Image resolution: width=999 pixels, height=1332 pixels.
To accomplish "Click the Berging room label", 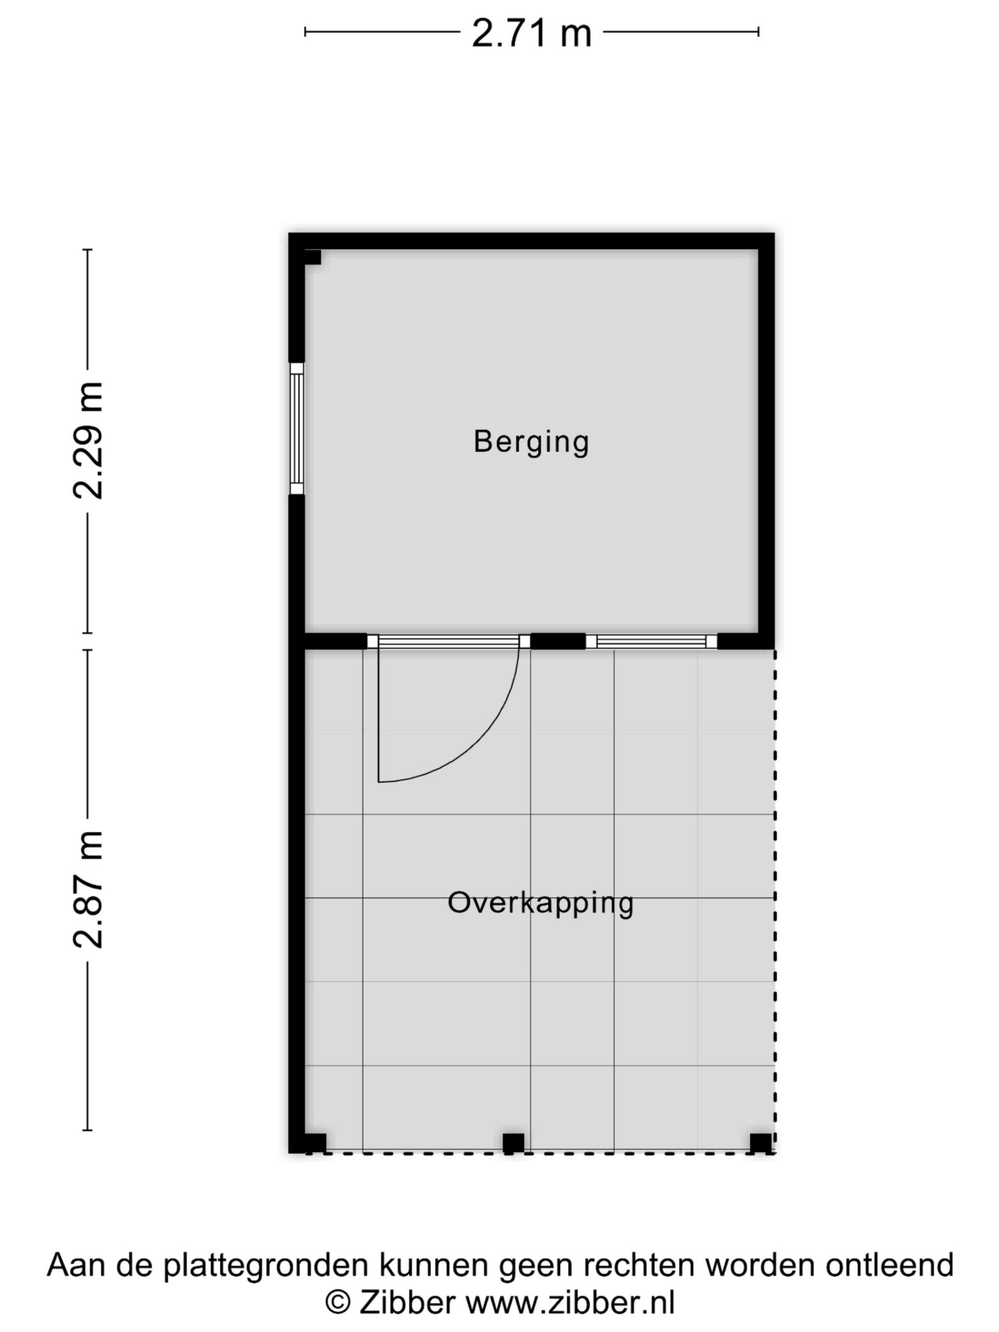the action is (530, 443).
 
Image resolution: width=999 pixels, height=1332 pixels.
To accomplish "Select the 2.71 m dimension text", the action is (531, 33).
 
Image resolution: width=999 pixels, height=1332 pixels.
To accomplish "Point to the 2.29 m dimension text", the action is (88, 441).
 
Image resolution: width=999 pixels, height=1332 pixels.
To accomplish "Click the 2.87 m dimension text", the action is (88, 889).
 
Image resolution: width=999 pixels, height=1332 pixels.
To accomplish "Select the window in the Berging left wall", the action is (297, 429).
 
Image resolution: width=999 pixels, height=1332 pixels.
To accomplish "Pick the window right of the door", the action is (651, 641).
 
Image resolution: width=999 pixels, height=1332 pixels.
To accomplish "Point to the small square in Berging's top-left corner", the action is (313, 257).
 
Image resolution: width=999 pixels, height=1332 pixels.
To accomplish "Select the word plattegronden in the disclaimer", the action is (265, 1266).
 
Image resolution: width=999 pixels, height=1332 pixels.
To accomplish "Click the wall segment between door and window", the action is (557, 641).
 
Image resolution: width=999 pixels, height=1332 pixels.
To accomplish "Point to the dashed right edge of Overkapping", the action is (774, 901).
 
